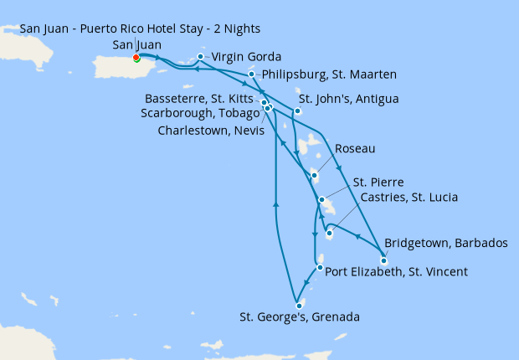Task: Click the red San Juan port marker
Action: (x=136, y=59)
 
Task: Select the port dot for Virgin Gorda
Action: (x=200, y=57)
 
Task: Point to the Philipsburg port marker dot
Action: (x=251, y=75)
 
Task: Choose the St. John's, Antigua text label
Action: (x=348, y=99)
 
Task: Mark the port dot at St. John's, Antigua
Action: (x=297, y=111)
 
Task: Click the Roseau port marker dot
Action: (x=314, y=176)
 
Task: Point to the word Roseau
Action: (x=355, y=148)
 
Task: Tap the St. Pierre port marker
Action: (x=322, y=199)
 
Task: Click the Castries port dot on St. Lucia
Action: (x=329, y=234)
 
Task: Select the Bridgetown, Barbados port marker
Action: (x=383, y=260)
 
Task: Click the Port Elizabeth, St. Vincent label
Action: (x=396, y=271)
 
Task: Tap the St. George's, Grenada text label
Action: (x=300, y=317)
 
